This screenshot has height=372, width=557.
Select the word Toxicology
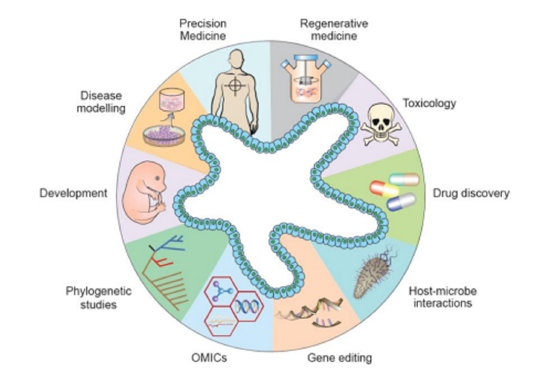[429, 103]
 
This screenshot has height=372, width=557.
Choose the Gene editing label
[339, 358]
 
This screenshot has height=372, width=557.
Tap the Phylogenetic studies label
[98, 298]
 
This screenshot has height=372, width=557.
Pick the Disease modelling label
[101, 102]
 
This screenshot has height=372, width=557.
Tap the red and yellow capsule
[384, 189]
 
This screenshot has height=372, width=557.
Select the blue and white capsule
[402, 202]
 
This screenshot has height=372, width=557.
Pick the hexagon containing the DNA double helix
[246, 306]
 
